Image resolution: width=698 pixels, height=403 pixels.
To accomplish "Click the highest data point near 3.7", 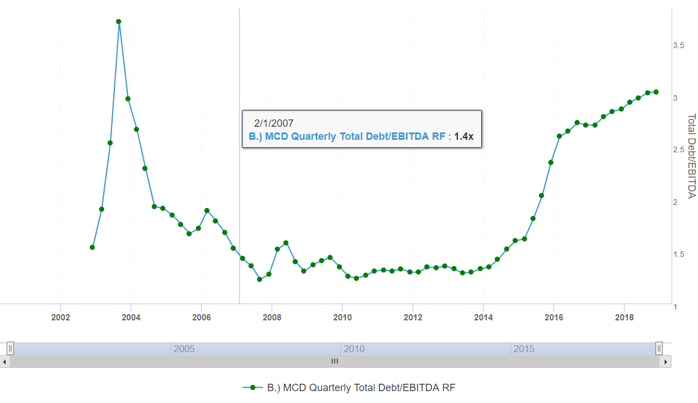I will tap(119, 22).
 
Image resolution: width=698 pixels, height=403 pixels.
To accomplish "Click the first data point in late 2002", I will tap(92, 247).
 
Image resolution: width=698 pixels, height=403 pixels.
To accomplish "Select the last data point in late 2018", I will tap(656, 92).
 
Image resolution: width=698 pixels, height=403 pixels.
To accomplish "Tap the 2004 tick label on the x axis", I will tap(131, 318).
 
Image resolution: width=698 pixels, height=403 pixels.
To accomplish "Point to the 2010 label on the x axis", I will tap(342, 318).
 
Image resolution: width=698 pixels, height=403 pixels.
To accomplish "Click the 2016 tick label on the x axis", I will tap(554, 318).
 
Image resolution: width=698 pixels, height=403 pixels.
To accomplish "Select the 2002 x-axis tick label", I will tap(60, 318).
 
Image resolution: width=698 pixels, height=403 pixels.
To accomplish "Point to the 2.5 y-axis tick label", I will tap(679, 150).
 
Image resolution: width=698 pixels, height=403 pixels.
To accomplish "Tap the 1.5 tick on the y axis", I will tap(679, 255).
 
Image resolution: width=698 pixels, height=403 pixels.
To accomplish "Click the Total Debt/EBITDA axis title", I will tap(691, 156).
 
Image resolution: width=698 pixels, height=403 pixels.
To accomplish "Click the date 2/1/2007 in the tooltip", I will tap(274, 123).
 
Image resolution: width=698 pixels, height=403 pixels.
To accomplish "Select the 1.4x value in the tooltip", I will tap(464, 136).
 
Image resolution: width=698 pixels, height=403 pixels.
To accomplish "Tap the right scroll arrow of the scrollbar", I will tap(666, 361).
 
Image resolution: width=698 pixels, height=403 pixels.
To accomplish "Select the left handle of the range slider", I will tap(10, 349).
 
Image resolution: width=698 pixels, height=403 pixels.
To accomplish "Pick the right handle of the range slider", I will tap(659, 349).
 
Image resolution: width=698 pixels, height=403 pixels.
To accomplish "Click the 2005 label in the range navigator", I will tap(184, 349).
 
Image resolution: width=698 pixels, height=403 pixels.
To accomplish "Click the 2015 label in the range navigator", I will tap(524, 349).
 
